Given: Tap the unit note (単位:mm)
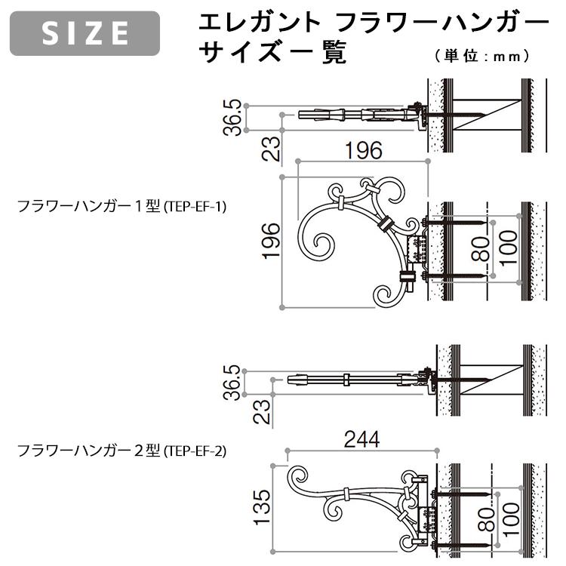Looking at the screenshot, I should [x=481, y=55].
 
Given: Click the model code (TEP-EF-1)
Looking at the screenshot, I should [x=195, y=205].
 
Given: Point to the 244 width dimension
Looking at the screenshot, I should [x=361, y=437].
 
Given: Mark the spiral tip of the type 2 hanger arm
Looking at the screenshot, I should [x=300, y=478].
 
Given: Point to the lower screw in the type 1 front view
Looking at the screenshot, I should [x=460, y=278].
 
